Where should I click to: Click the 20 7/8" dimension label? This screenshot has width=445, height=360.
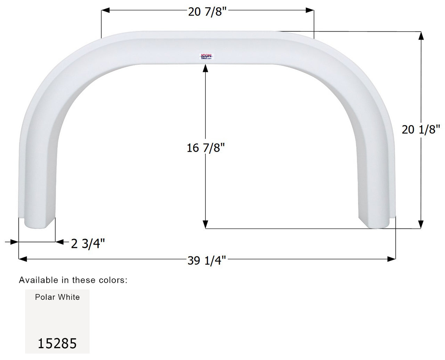207,12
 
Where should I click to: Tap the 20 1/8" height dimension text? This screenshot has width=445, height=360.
421,129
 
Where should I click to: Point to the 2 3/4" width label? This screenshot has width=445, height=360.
88,243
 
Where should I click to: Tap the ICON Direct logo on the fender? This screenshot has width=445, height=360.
207,57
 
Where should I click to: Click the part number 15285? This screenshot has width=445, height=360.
57,344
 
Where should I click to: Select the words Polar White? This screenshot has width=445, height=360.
57,297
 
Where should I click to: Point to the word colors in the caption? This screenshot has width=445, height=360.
113,280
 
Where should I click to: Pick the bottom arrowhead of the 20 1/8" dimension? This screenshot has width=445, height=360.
421,224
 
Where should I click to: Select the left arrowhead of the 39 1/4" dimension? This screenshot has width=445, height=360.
23,259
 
